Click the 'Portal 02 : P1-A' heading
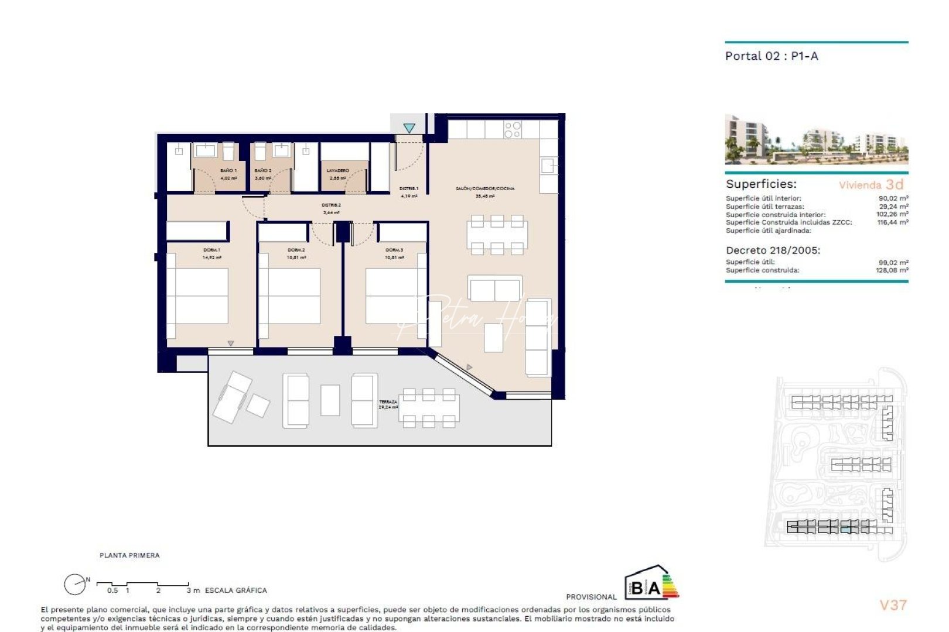772,56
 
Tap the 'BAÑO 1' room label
228,170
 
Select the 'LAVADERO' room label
338,170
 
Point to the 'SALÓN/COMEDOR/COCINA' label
485,188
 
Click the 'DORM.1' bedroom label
211,250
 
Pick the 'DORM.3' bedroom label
394,250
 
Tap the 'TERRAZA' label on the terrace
388,402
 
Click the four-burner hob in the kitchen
513,129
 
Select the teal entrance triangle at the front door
409,128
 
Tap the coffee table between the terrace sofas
330,400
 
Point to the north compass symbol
75,584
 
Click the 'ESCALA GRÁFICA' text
235,590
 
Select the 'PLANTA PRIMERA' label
129,555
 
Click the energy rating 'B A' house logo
651,583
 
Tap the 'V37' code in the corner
893,605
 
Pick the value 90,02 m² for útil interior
893,198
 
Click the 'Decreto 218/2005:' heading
773,250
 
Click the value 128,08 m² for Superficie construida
892,270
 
